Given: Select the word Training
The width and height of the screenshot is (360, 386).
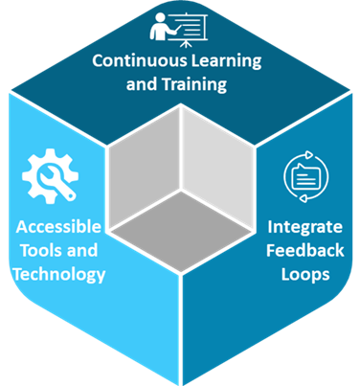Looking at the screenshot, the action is tap(194, 85).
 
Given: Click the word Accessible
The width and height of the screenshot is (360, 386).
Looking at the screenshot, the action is tap(58, 227).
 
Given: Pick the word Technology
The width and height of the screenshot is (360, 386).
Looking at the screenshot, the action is tap(59, 275).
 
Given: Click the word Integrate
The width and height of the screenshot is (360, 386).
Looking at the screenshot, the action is tap(305, 228).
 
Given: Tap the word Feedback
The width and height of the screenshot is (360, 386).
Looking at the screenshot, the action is tap(305, 250).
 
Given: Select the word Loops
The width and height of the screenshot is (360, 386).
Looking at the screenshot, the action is tap(305, 275).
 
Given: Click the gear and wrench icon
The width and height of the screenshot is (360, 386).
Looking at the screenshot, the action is tap(50, 176).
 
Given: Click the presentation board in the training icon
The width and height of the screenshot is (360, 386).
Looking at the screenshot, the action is tap(190, 30).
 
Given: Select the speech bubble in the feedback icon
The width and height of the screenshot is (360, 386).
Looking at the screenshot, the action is tap(305, 176).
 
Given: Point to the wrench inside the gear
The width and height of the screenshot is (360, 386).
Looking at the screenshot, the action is tap(56, 181).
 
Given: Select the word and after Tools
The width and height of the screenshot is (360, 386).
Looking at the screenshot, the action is tap(82, 250).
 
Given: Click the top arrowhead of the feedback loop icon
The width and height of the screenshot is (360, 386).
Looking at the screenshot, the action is tap(308, 154).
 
